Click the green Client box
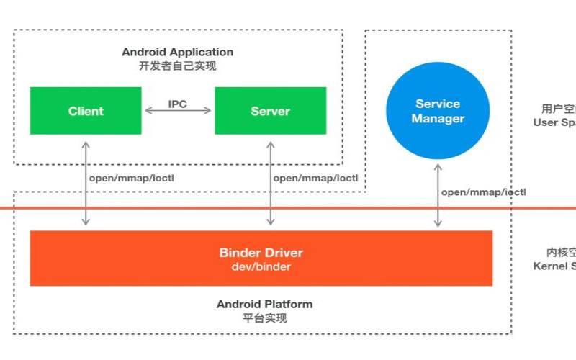pos(86,111)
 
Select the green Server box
pos(270,111)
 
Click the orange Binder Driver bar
pos(261,258)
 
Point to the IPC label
pos(178,104)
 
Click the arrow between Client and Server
pos(178,112)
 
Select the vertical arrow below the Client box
pos(86,184)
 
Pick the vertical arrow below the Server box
pos(270,184)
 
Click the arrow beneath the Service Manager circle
pos(438,194)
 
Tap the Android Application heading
pos(177,52)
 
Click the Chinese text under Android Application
pos(177,66)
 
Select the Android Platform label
pos(265,304)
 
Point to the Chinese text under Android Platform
pos(265,318)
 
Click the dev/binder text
pos(261,266)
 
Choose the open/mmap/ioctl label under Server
pos(315,178)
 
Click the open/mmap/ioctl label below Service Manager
pos(484,192)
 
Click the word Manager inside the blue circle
pos(438,119)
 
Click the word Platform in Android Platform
pos(287,304)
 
